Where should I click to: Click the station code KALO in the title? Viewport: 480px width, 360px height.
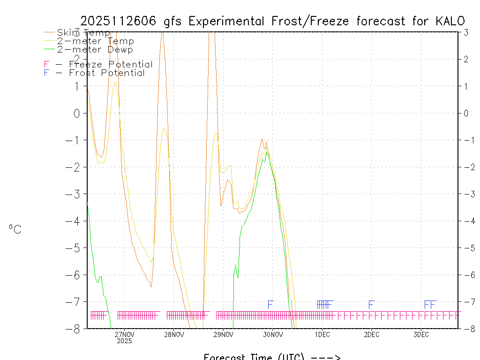click(x=450, y=21)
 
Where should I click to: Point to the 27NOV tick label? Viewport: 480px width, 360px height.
click(x=125, y=335)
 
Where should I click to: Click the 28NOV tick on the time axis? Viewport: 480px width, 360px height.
click(x=174, y=335)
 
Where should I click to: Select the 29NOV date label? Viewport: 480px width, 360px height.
click(x=224, y=335)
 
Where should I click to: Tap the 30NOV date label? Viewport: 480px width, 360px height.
click(x=273, y=335)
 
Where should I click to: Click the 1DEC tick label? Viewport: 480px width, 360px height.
click(x=322, y=335)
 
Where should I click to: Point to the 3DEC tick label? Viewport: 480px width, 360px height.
click(x=421, y=335)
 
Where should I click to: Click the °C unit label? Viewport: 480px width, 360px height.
click(x=15, y=229)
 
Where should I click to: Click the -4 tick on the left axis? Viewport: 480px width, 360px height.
click(x=75, y=221)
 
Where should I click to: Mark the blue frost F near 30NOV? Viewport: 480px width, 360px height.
click(x=270, y=305)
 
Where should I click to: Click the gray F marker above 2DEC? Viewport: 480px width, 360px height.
click(x=371, y=305)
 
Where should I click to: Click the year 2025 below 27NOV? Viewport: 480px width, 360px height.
click(x=125, y=341)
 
